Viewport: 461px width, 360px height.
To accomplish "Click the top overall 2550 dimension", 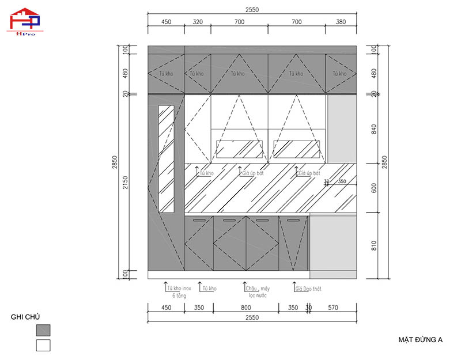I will point(252,10).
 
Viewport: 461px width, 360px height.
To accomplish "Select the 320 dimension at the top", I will point(198,22).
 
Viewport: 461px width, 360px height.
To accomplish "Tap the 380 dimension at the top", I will point(341,22).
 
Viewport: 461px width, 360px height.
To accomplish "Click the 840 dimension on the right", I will point(373,129).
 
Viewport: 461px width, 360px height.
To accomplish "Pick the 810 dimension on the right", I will point(373,244).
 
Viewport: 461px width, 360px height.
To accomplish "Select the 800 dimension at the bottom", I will point(246,308).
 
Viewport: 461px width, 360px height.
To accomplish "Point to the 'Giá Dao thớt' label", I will point(309,288).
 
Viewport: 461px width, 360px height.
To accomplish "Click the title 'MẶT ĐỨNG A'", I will point(420,340).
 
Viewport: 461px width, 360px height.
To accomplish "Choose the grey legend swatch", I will point(43,330).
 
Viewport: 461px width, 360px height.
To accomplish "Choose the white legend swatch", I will point(43,345).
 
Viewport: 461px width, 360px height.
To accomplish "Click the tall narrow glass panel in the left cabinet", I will point(166,158).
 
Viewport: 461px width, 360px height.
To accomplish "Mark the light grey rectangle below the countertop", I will point(332,242).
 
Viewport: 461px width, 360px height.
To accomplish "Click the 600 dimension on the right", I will point(373,188).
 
